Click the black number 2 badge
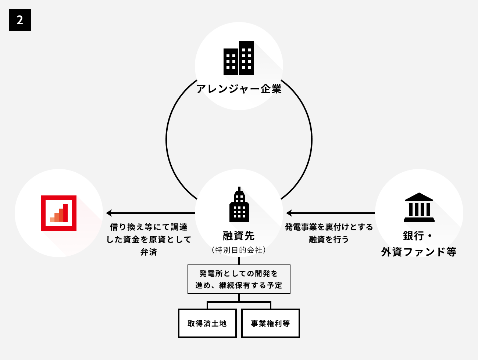pyautogui.click(x=20, y=20)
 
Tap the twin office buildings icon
pyautogui.click(x=239, y=58)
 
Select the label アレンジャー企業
pyautogui.click(x=239, y=89)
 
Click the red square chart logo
pyautogui.click(x=59, y=213)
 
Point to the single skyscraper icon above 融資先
pyautogui.click(x=239, y=205)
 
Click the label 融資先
pyautogui.click(x=239, y=235)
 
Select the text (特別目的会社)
pyautogui.click(x=239, y=250)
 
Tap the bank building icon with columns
pyautogui.click(x=419, y=207)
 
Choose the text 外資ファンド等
pyautogui.click(x=419, y=252)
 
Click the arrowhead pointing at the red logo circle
pyautogui.click(x=109, y=213)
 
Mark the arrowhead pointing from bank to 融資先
pyautogui.click(x=289, y=213)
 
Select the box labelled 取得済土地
pyautogui.click(x=207, y=323)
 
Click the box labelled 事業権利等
pyautogui.click(x=270, y=323)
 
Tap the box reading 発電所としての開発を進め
pyautogui.click(x=239, y=279)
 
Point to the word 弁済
pyautogui.click(x=149, y=252)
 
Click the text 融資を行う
pyautogui.click(x=329, y=240)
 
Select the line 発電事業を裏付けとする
pyautogui.click(x=329, y=227)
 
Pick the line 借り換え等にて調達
pyautogui.click(x=149, y=227)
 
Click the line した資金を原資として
pyautogui.click(x=149, y=240)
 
